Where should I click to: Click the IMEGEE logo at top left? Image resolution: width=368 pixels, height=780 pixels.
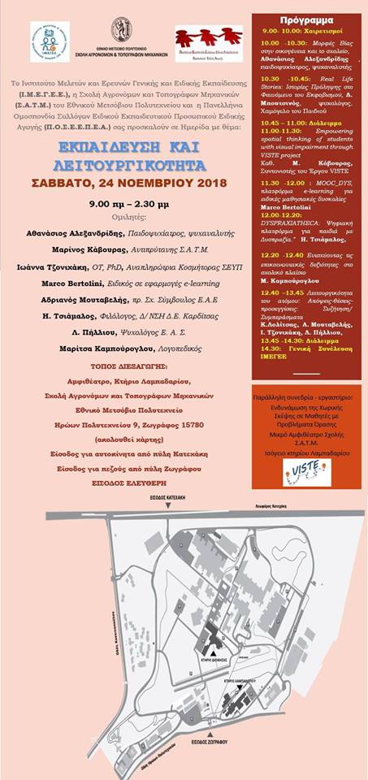50,41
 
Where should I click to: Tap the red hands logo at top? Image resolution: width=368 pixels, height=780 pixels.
208,37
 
